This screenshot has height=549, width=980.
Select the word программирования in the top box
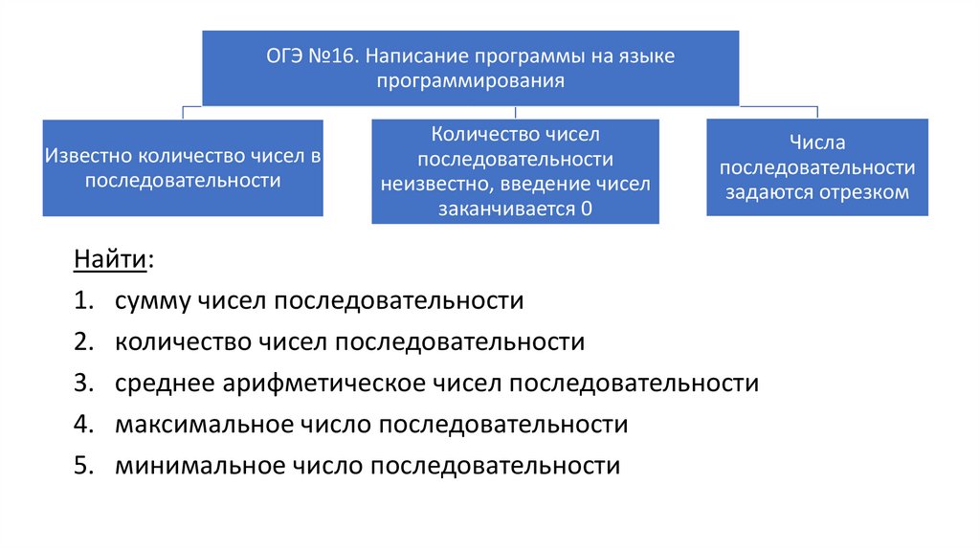(x=469, y=82)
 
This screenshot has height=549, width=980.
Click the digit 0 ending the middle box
(x=586, y=209)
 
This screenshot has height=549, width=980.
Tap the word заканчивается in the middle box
(x=503, y=209)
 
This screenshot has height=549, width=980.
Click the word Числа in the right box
(x=817, y=143)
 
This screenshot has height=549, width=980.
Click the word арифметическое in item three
(x=346, y=384)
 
